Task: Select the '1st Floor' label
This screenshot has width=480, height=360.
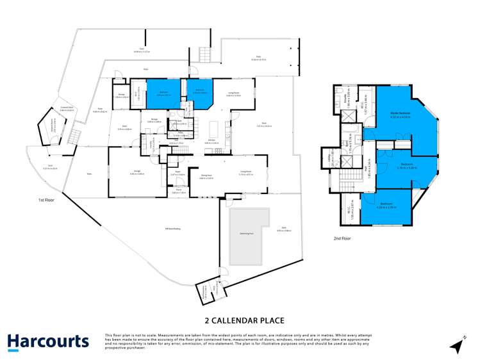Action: (47, 200)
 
